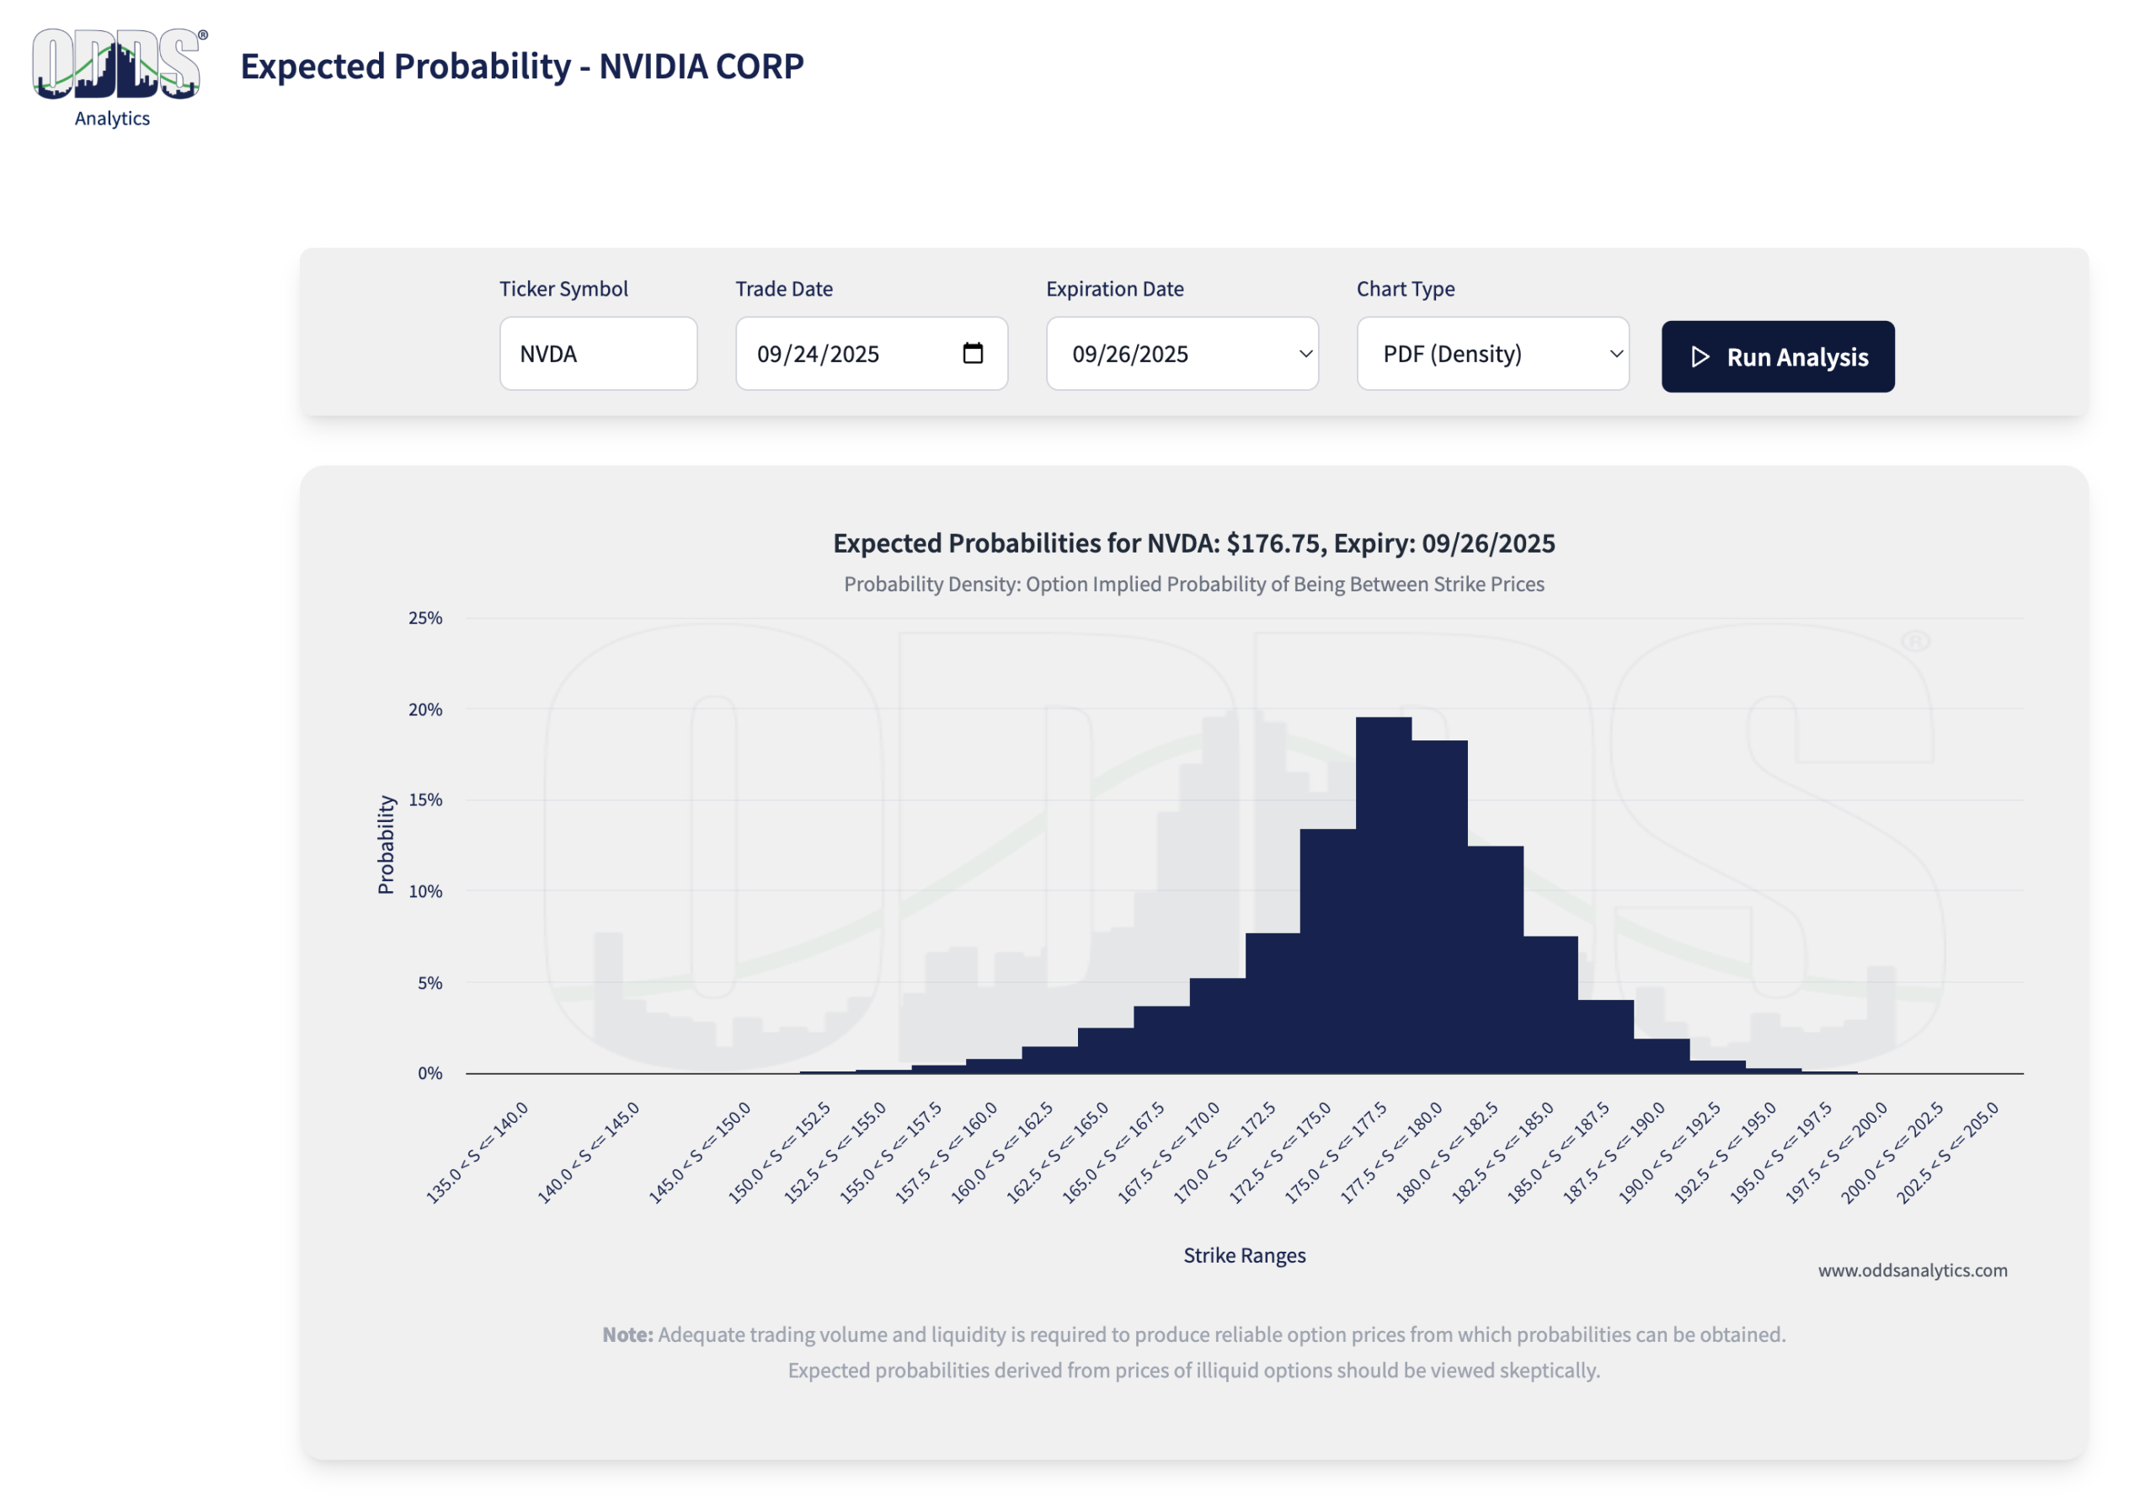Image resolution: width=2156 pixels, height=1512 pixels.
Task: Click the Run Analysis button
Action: (x=1778, y=357)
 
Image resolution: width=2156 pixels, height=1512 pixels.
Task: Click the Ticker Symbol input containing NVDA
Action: (x=598, y=354)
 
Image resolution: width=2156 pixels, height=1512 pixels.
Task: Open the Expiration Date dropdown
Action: (x=1182, y=354)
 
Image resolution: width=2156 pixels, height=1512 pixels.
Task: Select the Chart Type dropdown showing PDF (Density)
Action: (x=1492, y=354)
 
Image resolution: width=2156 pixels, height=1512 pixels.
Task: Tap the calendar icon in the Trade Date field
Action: (x=973, y=353)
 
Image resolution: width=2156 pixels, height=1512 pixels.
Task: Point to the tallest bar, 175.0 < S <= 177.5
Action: (x=1383, y=897)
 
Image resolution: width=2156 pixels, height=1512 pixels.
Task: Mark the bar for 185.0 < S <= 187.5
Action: (x=1606, y=1037)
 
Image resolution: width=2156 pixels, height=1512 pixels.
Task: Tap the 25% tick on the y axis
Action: (x=425, y=618)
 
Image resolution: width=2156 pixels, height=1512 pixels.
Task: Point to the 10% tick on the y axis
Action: (x=425, y=891)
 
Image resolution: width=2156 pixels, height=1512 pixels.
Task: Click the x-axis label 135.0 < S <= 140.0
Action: (x=478, y=1152)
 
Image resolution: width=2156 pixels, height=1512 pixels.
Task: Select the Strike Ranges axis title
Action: (x=1244, y=1256)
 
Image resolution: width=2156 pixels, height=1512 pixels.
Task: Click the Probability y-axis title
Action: (x=386, y=844)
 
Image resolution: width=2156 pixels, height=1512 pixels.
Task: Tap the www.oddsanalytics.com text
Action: (x=1912, y=1270)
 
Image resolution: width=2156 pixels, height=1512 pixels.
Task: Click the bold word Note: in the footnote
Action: (x=627, y=1334)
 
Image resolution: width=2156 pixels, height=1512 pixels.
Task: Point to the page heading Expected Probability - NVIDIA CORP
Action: (x=522, y=67)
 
